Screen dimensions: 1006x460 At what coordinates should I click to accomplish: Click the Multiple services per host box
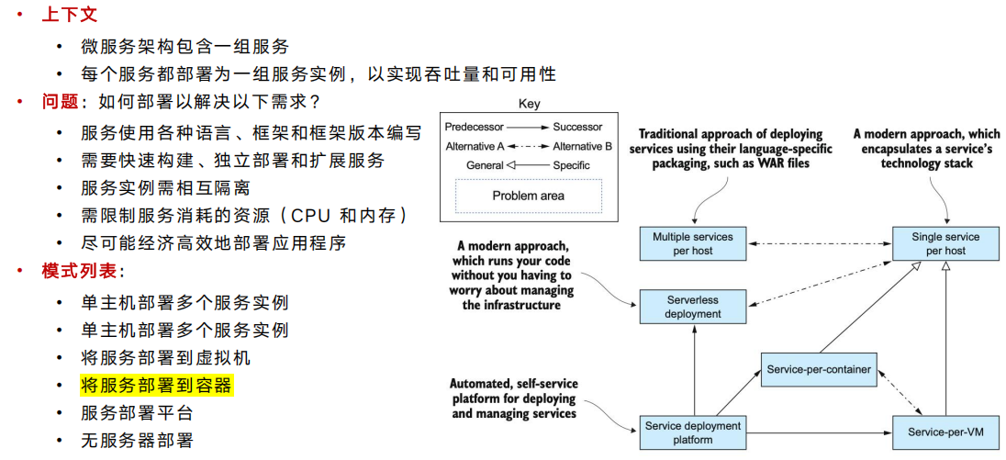point(693,243)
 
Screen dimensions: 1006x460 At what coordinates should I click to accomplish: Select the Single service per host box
point(945,243)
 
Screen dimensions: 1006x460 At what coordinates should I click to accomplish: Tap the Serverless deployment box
point(693,307)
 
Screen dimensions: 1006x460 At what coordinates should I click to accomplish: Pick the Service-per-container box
point(820,369)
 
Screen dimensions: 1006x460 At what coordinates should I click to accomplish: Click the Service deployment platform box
point(693,433)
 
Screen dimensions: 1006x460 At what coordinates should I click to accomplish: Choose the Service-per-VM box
point(945,433)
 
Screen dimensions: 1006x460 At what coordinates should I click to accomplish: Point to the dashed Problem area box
point(529,196)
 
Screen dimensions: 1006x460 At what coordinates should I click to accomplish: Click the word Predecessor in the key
point(474,127)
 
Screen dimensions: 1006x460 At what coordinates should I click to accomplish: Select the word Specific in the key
point(571,165)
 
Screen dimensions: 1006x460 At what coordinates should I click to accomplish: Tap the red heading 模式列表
point(79,272)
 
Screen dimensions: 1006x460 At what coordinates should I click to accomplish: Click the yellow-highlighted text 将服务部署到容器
point(156,386)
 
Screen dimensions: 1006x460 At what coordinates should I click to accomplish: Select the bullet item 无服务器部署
point(137,441)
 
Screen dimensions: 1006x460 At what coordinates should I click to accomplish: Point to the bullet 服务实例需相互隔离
point(165,188)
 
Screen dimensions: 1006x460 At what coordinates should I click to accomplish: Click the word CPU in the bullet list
point(311,216)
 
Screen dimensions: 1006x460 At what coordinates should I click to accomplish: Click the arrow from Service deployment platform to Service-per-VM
point(820,433)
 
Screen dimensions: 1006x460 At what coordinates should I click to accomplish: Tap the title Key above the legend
point(529,103)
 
